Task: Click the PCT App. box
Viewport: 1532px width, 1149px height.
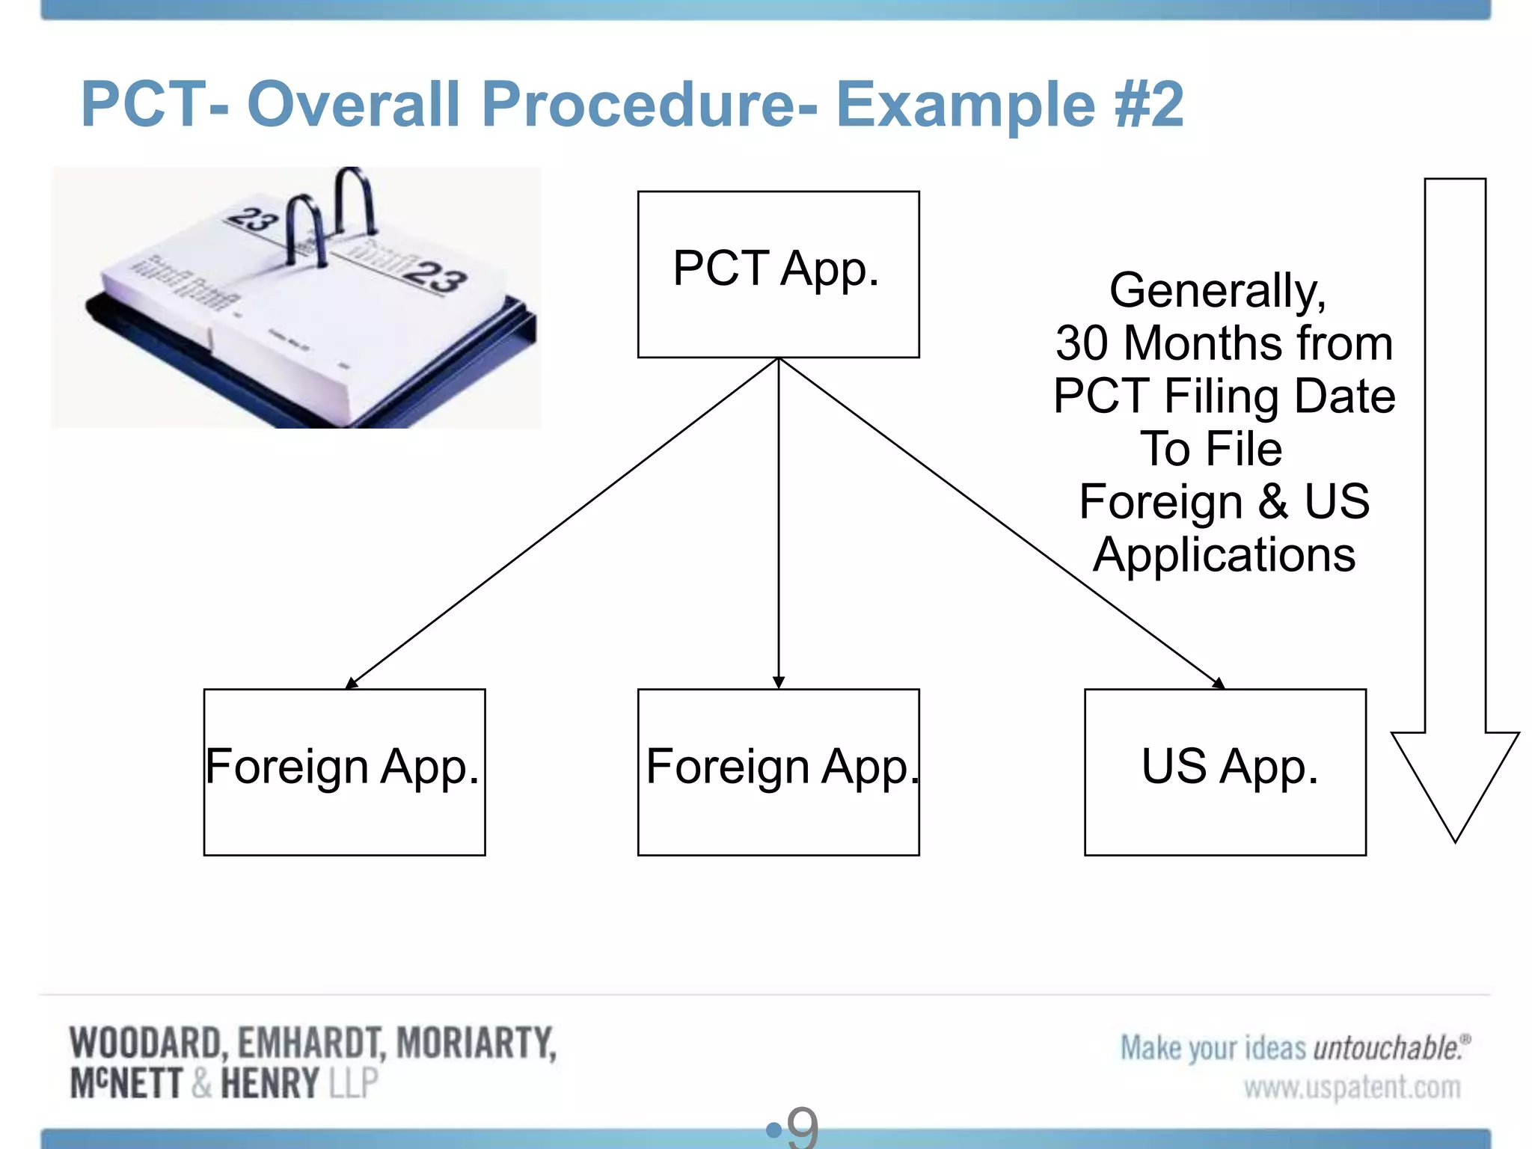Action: click(778, 274)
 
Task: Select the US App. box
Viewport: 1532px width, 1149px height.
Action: click(1225, 772)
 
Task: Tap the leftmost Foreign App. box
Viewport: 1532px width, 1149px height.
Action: click(344, 772)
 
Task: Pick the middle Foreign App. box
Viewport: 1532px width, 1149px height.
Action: click(778, 772)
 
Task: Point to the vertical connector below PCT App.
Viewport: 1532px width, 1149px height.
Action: click(779, 524)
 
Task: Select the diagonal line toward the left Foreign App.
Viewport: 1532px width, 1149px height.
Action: click(561, 524)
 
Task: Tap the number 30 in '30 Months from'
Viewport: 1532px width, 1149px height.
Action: click(1082, 343)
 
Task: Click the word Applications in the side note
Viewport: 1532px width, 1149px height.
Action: click(1225, 555)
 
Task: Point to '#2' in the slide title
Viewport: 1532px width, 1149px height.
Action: click(1148, 104)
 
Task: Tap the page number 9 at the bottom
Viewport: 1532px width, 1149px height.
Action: click(803, 1128)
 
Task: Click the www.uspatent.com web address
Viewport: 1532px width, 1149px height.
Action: click(1352, 1087)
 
